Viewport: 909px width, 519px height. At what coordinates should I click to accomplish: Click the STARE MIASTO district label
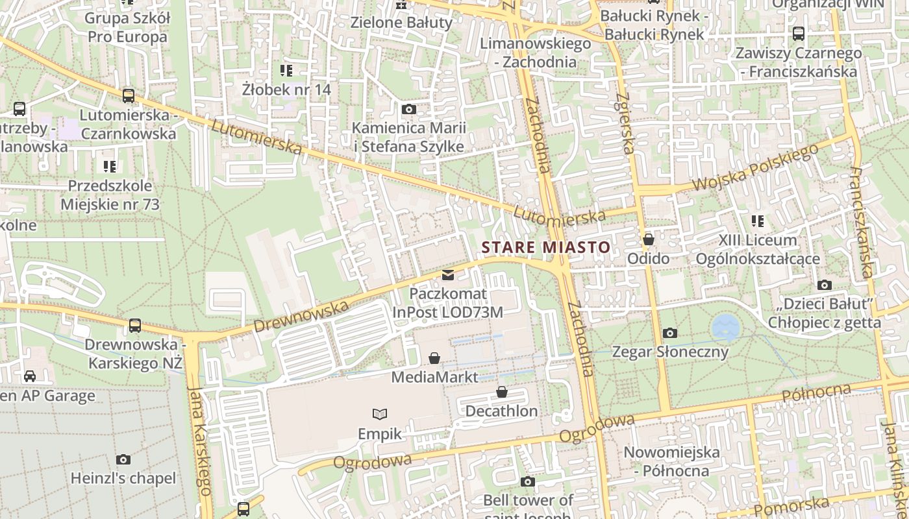coord(545,247)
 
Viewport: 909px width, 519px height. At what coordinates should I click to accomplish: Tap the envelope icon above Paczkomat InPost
coord(448,275)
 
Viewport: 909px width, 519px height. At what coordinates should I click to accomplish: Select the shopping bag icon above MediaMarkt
coord(434,358)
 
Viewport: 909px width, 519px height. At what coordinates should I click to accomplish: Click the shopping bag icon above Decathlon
coord(501,392)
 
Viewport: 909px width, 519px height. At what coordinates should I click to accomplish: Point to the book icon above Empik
coord(380,414)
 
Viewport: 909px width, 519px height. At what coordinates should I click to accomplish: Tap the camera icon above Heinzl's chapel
coord(123,459)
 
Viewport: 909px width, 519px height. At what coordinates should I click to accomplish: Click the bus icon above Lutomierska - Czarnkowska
coord(129,96)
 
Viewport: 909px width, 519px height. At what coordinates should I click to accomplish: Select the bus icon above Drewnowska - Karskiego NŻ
coord(135,325)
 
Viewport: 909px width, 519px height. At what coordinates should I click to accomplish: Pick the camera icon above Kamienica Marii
coord(409,109)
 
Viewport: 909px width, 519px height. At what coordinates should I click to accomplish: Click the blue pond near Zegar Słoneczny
coord(725,327)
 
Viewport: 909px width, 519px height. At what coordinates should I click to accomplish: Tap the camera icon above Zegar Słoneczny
coord(670,333)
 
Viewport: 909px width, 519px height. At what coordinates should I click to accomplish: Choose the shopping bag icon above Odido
coord(648,239)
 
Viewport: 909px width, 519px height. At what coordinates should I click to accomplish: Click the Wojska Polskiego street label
coord(755,168)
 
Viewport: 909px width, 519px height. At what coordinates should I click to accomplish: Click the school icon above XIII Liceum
coord(757,221)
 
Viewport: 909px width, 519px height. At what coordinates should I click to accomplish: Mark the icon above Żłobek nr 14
coord(286,70)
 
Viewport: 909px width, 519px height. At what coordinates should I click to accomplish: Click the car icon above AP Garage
coord(30,376)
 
